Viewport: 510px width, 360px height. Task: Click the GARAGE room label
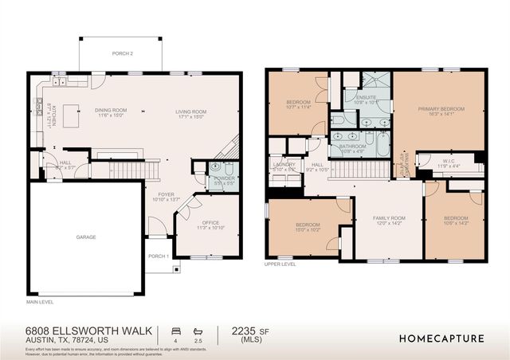(86, 237)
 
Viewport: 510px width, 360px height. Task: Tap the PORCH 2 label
(122, 53)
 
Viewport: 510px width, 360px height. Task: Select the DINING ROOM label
(111, 111)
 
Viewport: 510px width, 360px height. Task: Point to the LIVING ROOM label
(191, 111)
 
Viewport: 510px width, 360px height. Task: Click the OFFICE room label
(210, 222)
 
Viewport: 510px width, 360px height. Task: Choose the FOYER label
(165, 193)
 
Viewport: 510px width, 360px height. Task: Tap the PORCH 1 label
(158, 256)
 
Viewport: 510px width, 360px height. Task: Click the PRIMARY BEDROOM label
(441, 108)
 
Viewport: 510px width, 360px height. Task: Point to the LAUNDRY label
(284, 164)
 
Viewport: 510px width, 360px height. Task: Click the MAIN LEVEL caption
(40, 302)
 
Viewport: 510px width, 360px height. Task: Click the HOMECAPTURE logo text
(440, 338)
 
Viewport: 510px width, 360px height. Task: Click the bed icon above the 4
(175, 330)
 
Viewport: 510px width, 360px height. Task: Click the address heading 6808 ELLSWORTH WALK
(83, 330)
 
